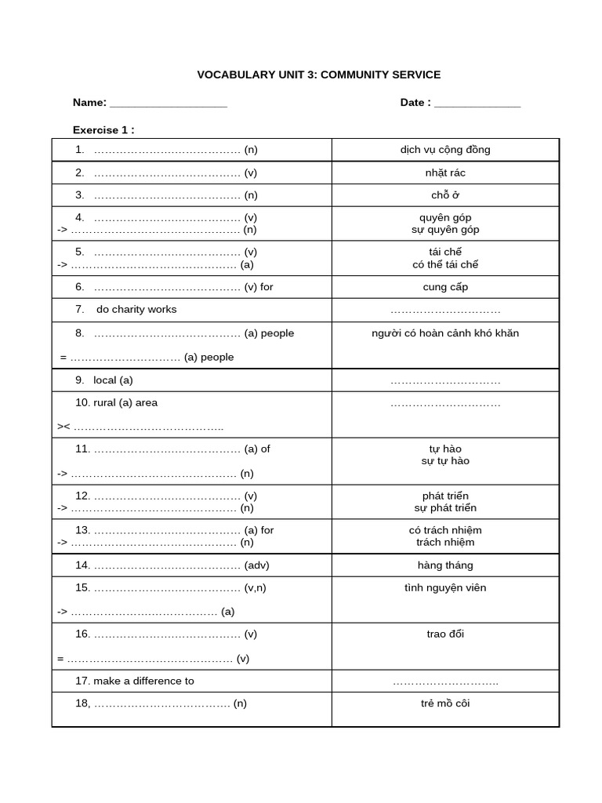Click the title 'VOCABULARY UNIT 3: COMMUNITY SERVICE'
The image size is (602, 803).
coord(318,75)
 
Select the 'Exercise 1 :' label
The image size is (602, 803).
coord(103,130)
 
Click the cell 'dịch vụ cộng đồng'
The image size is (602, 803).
coord(445,150)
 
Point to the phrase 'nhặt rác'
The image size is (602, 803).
coord(445,173)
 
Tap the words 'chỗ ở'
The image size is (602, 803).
coord(445,195)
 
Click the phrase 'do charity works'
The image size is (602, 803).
coord(136,310)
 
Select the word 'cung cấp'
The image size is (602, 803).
coord(445,287)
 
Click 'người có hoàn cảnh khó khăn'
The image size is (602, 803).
coord(445,333)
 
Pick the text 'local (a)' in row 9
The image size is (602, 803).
coord(113,380)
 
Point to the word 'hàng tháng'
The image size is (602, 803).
coord(445,565)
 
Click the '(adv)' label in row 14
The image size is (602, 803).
coord(257,565)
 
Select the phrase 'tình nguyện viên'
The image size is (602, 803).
coord(445,588)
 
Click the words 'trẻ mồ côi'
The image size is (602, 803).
coord(445,703)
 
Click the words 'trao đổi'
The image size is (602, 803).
coord(445,634)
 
